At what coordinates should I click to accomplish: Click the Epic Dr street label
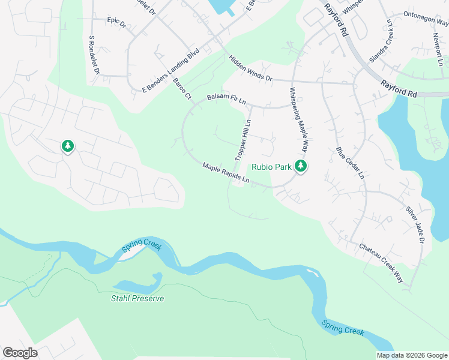click(x=116, y=22)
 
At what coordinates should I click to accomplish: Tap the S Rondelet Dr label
click(x=94, y=55)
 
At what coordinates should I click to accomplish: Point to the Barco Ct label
click(x=181, y=88)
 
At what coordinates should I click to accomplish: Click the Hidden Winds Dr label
click(x=250, y=68)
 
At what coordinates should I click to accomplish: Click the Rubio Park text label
click(x=271, y=167)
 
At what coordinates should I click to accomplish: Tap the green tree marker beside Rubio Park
click(x=301, y=166)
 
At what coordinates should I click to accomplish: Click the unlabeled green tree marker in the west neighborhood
click(x=67, y=146)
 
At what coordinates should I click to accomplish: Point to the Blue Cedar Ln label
click(x=350, y=163)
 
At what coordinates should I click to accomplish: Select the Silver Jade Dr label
click(x=415, y=224)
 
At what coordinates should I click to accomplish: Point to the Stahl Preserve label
click(x=137, y=298)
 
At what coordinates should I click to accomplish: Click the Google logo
click(x=20, y=353)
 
